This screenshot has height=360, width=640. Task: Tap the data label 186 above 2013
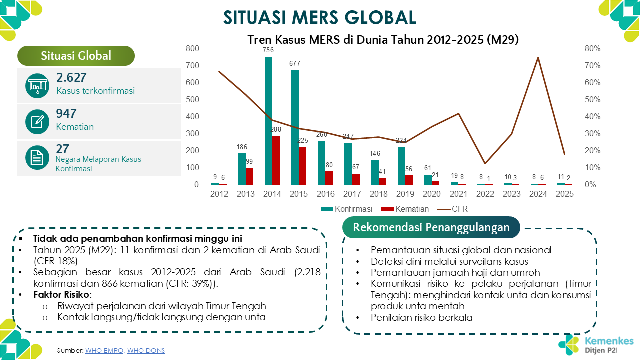[x=242, y=147]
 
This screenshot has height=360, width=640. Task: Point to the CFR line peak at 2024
[x=538, y=58]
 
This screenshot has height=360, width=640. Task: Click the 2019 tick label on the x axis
[x=404, y=194]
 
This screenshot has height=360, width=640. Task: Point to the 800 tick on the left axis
[x=192, y=48]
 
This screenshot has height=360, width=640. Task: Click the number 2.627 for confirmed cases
[x=72, y=77]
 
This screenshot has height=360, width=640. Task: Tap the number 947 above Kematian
[x=66, y=113]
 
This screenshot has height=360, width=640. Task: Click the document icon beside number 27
[x=37, y=158]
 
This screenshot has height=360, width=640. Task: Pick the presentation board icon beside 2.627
[x=37, y=86]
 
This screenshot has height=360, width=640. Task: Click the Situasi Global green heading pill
[x=76, y=56]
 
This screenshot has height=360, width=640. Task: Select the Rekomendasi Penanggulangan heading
[x=431, y=227]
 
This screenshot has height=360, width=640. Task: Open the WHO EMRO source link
[x=104, y=350]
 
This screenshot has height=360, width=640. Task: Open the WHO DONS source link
[x=146, y=350]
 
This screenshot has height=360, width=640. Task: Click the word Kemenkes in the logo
[x=609, y=341]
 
